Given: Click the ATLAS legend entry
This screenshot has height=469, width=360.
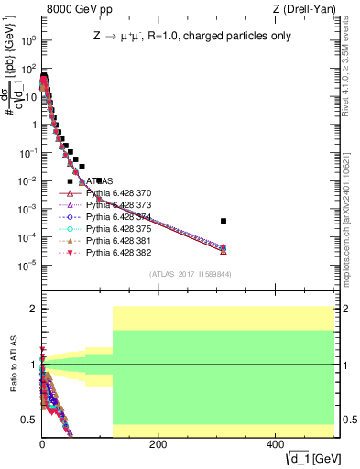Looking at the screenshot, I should coord(98,181).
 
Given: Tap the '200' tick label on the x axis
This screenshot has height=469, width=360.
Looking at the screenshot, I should coord(158,442).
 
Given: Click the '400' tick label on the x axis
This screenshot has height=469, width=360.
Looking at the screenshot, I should coord(274,442).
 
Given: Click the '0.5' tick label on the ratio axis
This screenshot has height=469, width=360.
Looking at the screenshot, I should coord(28,420).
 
